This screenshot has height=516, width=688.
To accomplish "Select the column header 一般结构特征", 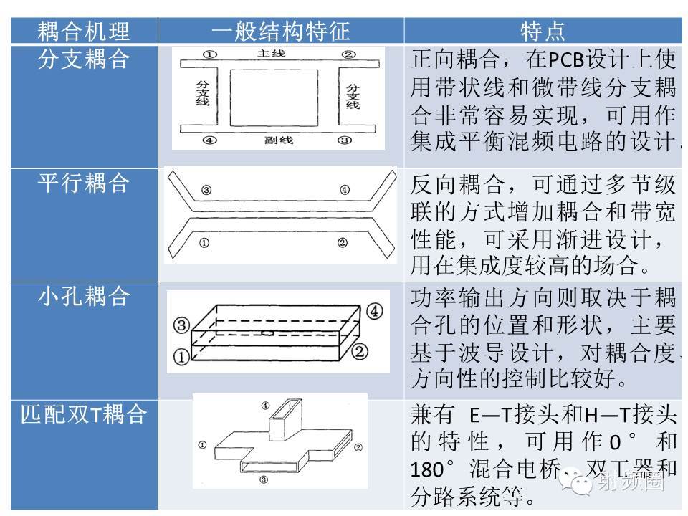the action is point(280,31).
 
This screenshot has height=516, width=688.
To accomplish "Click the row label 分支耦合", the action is point(83,59).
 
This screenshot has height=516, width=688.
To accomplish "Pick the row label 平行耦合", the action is point(83,183).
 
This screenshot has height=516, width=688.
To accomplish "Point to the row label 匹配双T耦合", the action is point(83,414).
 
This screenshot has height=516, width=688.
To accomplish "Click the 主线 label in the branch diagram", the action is point(276,54).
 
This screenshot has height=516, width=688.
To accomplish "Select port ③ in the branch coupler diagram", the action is point(345,140).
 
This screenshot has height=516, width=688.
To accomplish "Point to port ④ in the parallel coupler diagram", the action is point(345,191).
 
